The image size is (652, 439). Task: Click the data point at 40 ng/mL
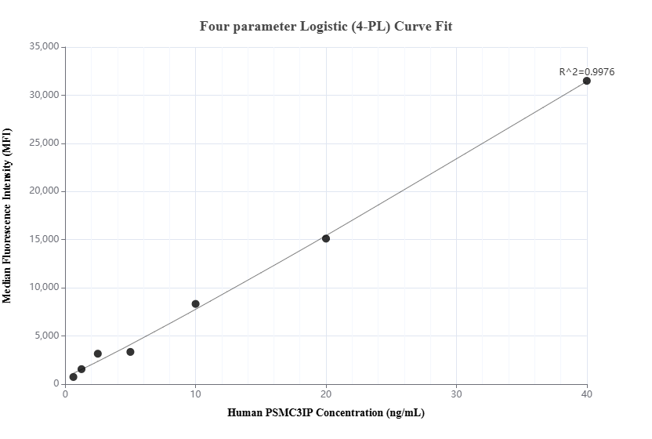click(x=586, y=81)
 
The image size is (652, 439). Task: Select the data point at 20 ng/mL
click(x=326, y=238)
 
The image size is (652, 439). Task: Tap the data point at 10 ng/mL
click(x=196, y=304)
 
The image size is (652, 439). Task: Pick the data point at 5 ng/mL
click(x=130, y=352)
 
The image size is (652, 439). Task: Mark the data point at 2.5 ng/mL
click(x=98, y=354)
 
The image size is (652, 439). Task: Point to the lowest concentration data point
click(x=74, y=377)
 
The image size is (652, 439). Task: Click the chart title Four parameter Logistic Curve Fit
click(x=326, y=26)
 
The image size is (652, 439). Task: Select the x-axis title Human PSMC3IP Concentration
click(x=326, y=412)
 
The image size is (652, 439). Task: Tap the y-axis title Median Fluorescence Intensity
click(x=8, y=216)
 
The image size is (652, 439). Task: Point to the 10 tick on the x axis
click(x=196, y=394)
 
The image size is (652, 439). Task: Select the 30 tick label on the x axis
click(x=456, y=394)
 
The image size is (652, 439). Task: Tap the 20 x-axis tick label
click(x=326, y=394)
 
